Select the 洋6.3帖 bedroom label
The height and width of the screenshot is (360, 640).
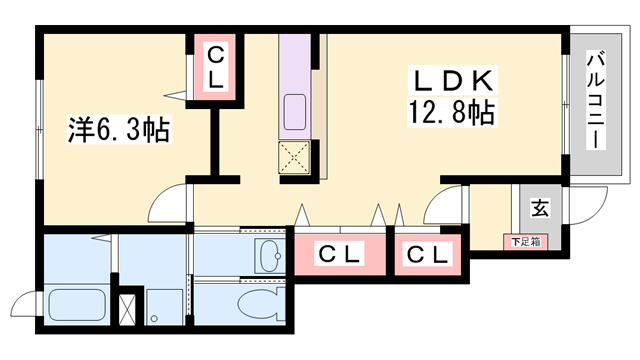coord(118,129)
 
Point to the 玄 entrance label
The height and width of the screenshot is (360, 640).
coord(539,209)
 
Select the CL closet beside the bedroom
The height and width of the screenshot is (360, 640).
coord(215,68)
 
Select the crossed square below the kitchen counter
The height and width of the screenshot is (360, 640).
coord(296,156)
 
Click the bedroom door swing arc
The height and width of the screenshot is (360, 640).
coord(167,204)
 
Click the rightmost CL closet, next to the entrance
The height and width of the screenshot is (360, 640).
coord(427,254)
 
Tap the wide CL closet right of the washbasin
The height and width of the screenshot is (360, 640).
coord(337,254)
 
